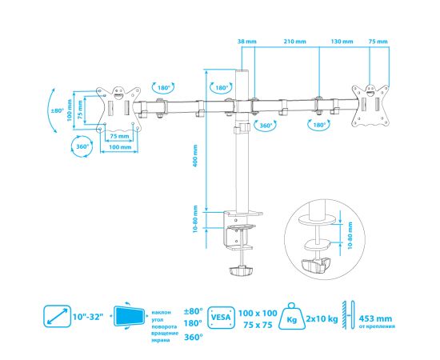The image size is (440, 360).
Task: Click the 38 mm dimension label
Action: pos(247,42)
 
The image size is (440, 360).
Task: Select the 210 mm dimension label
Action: pos(294,42)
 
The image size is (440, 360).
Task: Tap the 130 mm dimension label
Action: pos(342,42)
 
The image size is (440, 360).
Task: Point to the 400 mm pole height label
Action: pos(195,156)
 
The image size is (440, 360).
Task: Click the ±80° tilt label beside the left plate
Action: pos(58,110)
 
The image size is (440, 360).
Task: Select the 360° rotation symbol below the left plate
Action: pos(82,146)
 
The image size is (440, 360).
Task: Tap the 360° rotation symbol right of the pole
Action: pos(265,126)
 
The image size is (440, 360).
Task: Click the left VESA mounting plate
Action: pos(118,108)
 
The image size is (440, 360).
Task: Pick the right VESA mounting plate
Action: pos(370,106)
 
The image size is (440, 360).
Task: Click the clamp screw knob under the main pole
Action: pos(241,270)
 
